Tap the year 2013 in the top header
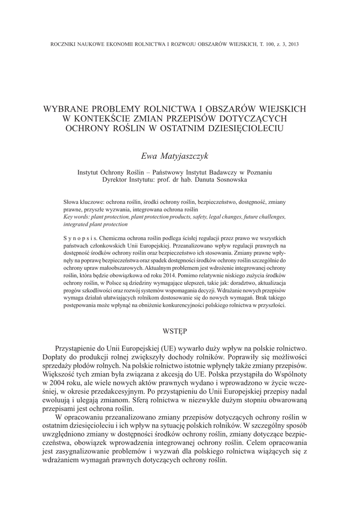[293, 44]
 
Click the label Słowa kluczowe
[83, 203]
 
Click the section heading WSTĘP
[180, 330]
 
